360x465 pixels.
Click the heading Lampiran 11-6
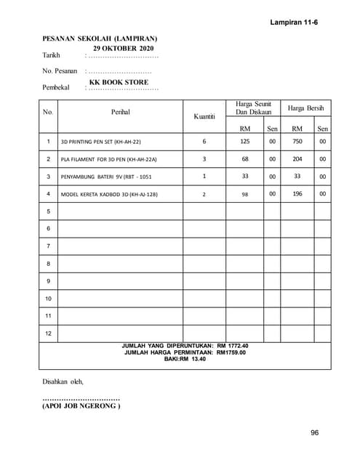[294, 23]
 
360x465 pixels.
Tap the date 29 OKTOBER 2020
[124, 47]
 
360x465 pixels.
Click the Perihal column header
[121, 113]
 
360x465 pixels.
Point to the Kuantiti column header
[204, 116]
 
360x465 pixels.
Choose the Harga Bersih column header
[305, 108]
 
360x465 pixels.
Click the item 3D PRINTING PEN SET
[100, 142]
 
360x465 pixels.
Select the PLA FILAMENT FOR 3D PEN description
[108, 159]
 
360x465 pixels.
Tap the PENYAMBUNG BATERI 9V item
[106, 177]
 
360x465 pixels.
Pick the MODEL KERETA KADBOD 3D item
[109, 194]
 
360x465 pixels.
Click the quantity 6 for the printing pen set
[204, 141]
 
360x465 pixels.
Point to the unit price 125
[245, 141]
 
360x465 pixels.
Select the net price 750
[297, 141]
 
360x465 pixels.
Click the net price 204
[297, 158]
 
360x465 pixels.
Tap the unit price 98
[245, 194]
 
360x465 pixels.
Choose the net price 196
[297, 193]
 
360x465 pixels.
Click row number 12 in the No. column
[48, 333]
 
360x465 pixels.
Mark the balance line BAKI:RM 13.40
[185, 359]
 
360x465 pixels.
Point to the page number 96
[314, 433]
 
